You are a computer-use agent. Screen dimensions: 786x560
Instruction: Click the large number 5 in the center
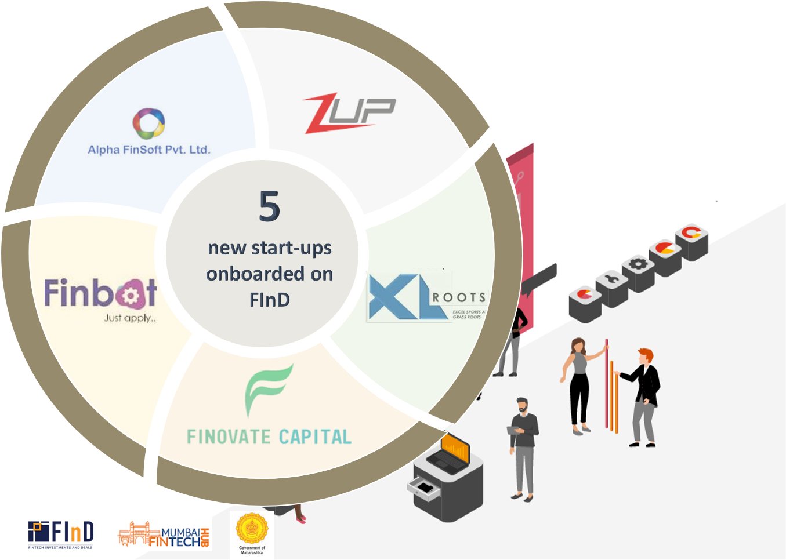[x=270, y=206]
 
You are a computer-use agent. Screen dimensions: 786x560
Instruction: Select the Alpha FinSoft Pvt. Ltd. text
[x=148, y=150]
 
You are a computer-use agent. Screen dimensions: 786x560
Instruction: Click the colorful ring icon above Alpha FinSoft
[x=148, y=123]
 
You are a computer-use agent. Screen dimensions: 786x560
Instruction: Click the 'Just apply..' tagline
[x=130, y=318]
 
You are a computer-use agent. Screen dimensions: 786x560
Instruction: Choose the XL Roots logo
[x=426, y=297]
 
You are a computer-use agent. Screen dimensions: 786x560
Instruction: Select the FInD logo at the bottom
[x=61, y=533]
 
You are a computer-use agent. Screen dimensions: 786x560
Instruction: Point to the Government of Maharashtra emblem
[x=252, y=529]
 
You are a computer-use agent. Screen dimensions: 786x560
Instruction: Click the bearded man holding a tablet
[x=523, y=446]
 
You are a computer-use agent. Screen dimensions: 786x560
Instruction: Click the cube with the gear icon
[x=638, y=267]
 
